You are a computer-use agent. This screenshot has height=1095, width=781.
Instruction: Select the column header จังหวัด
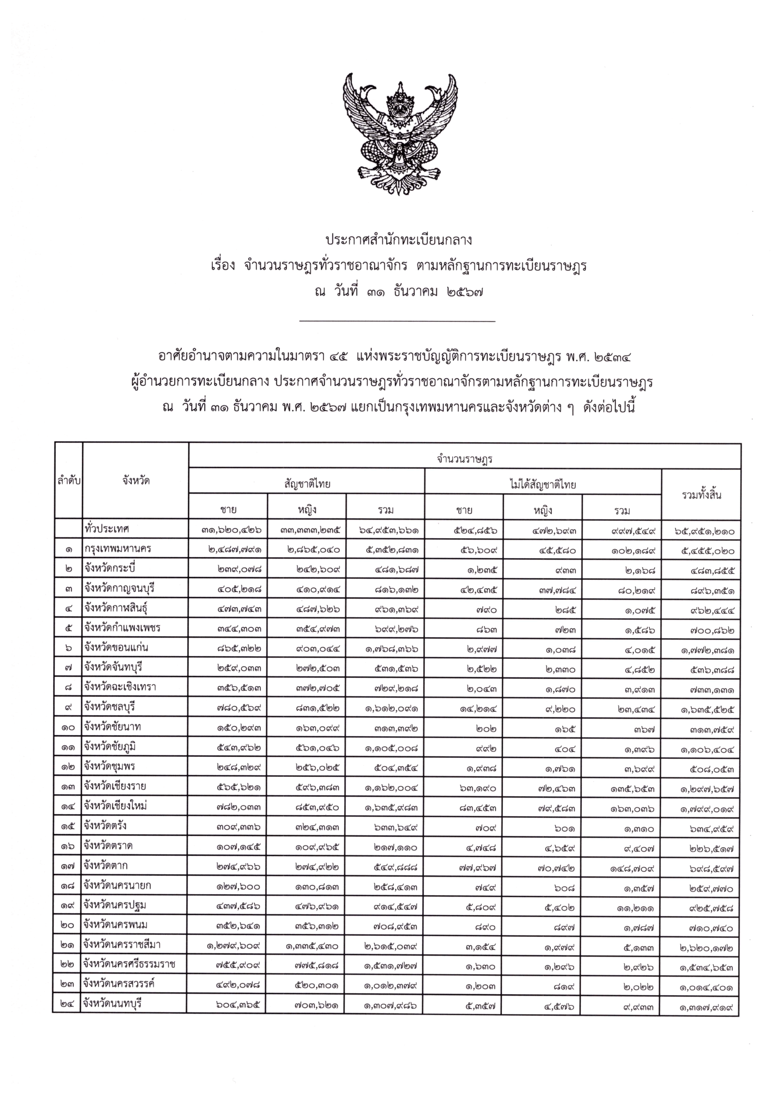[136, 481]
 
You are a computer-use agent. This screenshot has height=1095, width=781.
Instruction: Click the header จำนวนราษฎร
[464, 460]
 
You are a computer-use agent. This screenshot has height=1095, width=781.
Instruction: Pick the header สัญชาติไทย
[307, 485]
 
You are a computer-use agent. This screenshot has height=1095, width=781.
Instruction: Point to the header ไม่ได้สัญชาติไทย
[542, 485]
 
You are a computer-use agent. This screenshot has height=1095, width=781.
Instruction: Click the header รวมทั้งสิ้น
[701, 495]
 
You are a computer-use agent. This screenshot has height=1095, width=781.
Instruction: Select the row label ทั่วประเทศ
[107, 529]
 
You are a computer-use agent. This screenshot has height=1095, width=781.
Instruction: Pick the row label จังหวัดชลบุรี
[110, 707]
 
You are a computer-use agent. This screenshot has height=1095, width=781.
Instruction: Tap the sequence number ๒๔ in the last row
[68, 1005]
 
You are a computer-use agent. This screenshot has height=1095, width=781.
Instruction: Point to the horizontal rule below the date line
[397, 321]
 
